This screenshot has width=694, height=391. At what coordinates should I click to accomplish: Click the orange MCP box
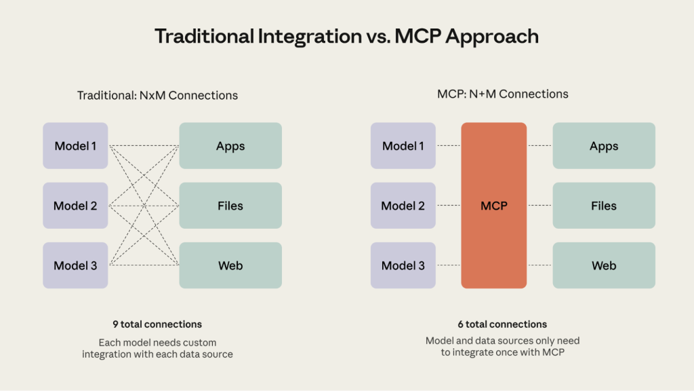[x=493, y=205]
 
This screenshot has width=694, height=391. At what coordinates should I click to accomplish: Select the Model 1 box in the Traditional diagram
[x=75, y=145]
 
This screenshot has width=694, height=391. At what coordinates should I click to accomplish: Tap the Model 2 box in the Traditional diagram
[x=75, y=205]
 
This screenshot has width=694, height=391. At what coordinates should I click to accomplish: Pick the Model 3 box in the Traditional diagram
[x=75, y=265]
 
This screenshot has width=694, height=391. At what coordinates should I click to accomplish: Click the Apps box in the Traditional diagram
[x=230, y=145]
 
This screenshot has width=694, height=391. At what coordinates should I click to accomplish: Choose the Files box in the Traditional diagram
[x=230, y=205]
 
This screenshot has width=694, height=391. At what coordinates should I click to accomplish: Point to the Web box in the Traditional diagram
[x=230, y=265]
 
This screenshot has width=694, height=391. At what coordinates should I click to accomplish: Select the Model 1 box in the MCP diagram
[x=403, y=145]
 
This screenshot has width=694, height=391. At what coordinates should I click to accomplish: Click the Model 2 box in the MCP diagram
[x=403, y=205]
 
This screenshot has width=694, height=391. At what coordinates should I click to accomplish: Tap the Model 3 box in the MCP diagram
[x=403, y=265]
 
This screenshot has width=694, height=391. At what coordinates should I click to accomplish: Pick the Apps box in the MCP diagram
[x=604, y=145]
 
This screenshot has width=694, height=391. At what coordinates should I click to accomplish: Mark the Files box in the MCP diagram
[x=604, y=205]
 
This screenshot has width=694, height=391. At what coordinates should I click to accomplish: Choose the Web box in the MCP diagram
[x=604, y=265]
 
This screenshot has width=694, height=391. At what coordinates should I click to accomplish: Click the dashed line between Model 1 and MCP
[x=449, y=145]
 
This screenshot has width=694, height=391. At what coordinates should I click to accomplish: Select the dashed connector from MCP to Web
[x=539, y=265]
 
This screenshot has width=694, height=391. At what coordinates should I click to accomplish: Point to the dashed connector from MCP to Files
[x=539, y=205]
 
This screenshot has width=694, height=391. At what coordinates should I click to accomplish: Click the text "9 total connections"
[x=157, y=324]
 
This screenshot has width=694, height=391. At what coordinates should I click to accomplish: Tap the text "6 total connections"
[x=502, y=324]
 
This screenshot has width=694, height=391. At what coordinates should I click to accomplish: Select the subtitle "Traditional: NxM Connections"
[x=157, y=95]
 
